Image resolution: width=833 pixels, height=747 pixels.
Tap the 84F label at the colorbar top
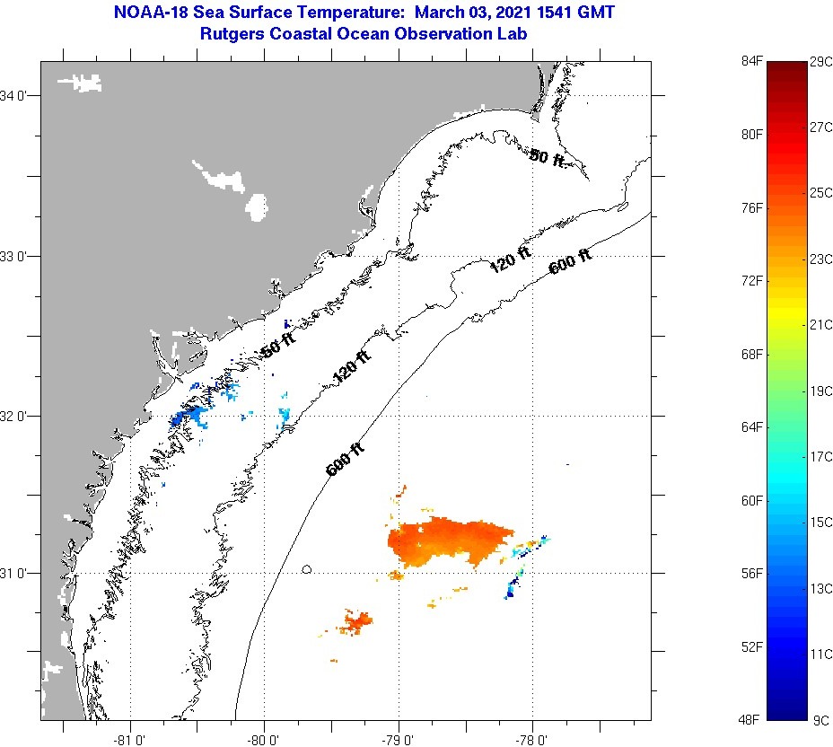tap(751, 60)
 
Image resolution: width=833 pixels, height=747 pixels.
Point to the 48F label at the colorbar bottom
tap(751, 720)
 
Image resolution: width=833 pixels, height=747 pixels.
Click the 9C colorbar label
tap(819, 720)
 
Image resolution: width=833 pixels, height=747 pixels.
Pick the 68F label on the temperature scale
tap(751, 354)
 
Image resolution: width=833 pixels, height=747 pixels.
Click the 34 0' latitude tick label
tap(18, 95)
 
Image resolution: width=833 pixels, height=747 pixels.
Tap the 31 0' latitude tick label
tap(18, 573)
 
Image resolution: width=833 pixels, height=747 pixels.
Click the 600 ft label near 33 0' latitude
tap(570, 261)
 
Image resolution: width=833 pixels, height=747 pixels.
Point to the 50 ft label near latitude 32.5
tap(278, 346)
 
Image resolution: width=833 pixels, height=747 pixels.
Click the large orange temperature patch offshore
tap(449, 540)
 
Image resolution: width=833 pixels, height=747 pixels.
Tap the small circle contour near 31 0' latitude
tap(307, 569)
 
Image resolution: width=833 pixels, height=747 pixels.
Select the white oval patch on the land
tap(258, 207)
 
